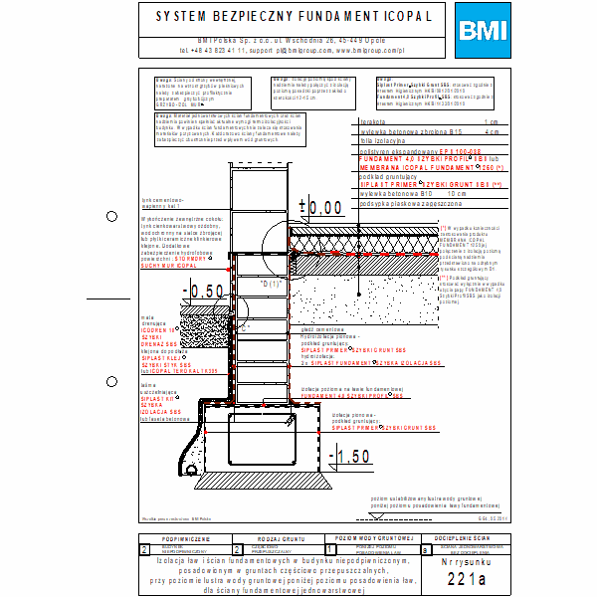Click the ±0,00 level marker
pos(320,208)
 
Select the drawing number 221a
pos(468,578)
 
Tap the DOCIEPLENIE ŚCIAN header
pos(468,537)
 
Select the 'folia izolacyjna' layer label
pos(384,139)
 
